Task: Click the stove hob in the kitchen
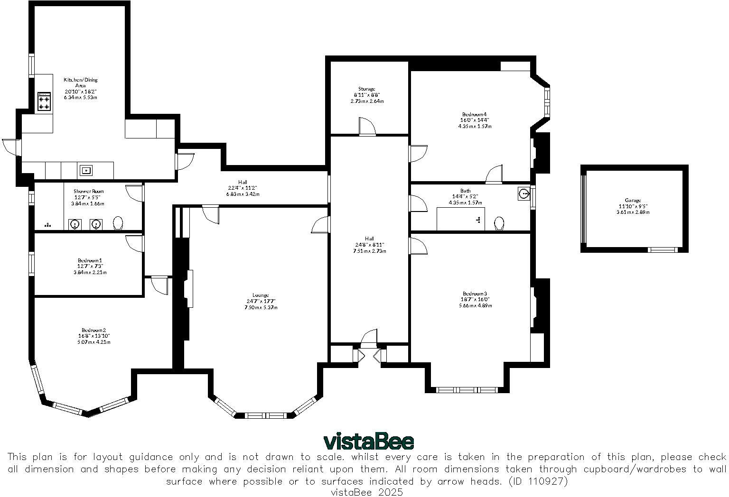[x=44, y=101]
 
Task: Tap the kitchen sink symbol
[x=86, y=170]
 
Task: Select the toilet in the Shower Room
[x=118, y=223]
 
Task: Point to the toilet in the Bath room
[x=499, y=223]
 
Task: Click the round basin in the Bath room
[x=523, y=193]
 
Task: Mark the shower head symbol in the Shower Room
[x=48, y=225]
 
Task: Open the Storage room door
[x=367, y=127]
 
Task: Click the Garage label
[x=633, y=201]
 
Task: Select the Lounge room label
[x=261, y=295]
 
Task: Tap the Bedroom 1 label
[x=90, y=260]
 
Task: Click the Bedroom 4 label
[x=475, y=114]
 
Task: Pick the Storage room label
[x=367, y=89]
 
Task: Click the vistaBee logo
[x=368, y=442]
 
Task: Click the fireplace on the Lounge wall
[x=189, y=289]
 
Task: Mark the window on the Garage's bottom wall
[x=663, y=249]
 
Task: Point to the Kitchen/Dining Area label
[x=81, y=83]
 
